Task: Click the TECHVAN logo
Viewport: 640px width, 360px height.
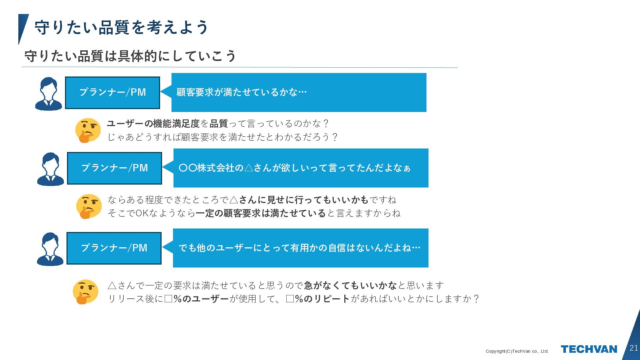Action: pyautogui.click(x=589, y=349)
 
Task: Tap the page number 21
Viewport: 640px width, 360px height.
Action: pyautogui.click(x=634, y=348)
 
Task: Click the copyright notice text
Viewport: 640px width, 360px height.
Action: pyautogui.click(x=517, y=351)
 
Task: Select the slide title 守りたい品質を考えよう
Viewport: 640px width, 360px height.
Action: pyautogui.click(x=121, y=27)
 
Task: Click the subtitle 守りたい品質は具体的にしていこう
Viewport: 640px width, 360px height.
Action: pyautogui.click(x=130, y=56)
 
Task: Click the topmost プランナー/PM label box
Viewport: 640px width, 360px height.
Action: pyautogui.click(x=112, y=92)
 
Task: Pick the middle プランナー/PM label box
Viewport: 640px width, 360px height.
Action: pyautogui.click(x=114, y=168)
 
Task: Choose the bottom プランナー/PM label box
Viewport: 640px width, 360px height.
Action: pyautogui.click(x=114, y=248)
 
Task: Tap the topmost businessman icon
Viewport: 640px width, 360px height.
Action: pyautogui.click(x=49, y=94)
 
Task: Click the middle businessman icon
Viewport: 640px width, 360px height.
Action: pyautogui.click(x=50, y=169)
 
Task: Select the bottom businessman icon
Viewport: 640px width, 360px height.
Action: pyautogui.click(x=50, y=249)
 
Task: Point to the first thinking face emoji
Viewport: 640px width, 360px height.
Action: pyautogui.click(x=88, y=130)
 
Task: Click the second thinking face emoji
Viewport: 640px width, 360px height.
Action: pyautogui.click(x=89, y=206)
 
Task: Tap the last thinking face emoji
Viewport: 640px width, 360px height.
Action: pyautogui.click(x=85, y=292)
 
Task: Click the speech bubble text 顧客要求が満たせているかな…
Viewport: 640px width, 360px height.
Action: pyautogui.click(x=241, y=92)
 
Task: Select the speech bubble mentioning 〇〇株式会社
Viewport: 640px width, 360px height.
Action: pyautogui.click(x=294, y=168)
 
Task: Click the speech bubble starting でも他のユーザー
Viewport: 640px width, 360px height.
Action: pyautogui.click(x=299, y=248)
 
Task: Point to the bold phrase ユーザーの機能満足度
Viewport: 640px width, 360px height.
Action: pyautogui.click(x=153, y=124)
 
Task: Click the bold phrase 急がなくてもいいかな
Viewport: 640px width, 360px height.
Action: pyautogui.click(x=350, y=285)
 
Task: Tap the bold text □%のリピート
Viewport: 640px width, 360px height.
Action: pyautogui.click(x=318, y=299)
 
